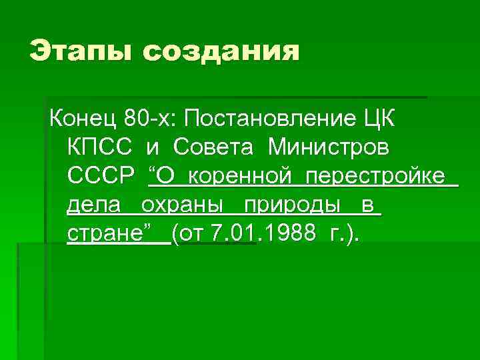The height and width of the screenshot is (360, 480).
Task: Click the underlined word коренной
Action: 237,176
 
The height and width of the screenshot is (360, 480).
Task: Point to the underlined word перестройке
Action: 376,176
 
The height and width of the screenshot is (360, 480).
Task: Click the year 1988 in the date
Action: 295,234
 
